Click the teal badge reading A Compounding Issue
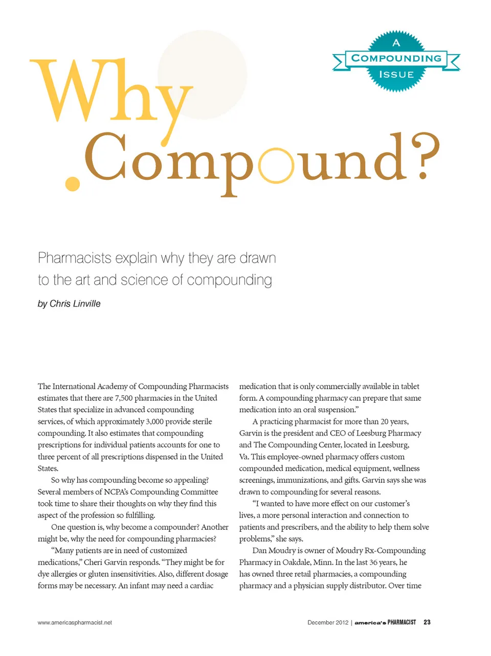coord(396,60)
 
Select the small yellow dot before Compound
coord(73,183)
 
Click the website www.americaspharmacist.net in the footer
coord(75,622)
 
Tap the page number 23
coord(427,622)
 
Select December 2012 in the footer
coord(327,622)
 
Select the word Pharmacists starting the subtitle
coord(75,258)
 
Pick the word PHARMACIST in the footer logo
coord(401,622)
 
